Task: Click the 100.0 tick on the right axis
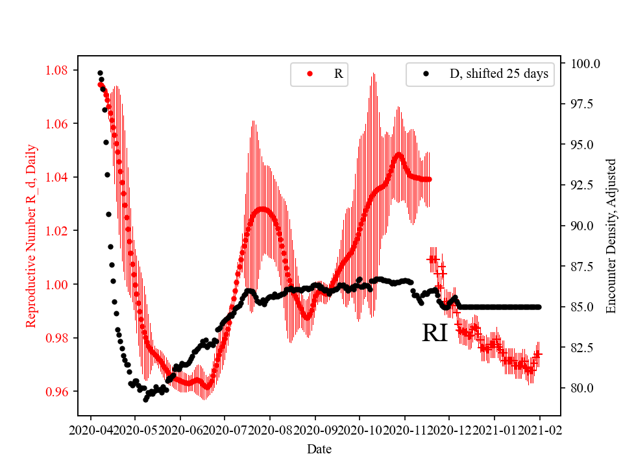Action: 585,64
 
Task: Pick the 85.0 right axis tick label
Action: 585,307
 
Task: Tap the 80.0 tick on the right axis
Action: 585,388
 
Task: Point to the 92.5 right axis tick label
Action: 585,185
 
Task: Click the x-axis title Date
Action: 320,448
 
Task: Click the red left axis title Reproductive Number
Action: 31,235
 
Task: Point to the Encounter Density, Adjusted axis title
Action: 611,235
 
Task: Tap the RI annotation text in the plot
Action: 434,333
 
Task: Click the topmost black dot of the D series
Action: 100,73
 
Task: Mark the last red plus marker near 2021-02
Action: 537,355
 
